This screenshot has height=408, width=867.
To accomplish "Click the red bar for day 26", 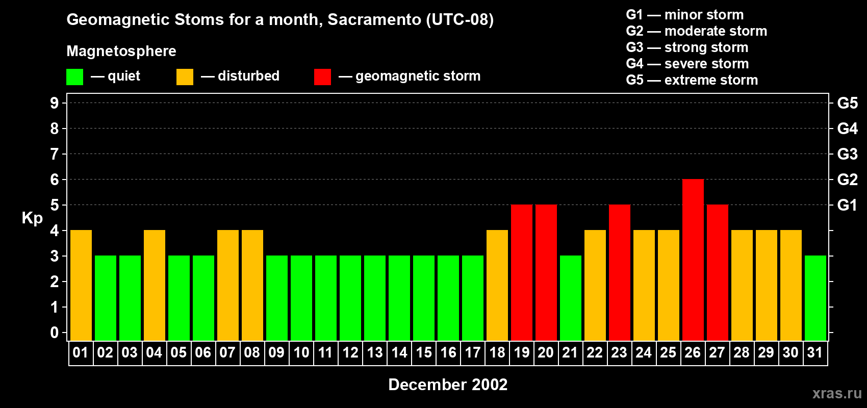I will pyautogui.click(x=693, y=260).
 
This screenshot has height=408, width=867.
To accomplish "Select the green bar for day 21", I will pyautogui.click(x=571, y=298).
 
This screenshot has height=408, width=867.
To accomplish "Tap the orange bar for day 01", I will pyautogui.click(x=81, y=286).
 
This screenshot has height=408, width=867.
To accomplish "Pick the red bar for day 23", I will pyautogui.click(x=620, y=273).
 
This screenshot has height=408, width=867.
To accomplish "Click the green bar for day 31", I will pyautogui.click(x=815, y=298).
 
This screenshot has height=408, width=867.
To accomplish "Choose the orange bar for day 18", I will pyautogui.click(x=497, y=286).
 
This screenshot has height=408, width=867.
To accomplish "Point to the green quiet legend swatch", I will pyautogui.click(x=75, y=77).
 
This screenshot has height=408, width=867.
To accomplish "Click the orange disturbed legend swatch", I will pyautogui.click(x=185, y=77).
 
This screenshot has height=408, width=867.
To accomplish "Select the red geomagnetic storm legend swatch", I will pyautogui.click(x=322, y=77).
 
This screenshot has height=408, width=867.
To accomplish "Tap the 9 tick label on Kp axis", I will pyautogui.click(x=55, y=103).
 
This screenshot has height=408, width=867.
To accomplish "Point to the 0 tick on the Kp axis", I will pyautogui.click(x=55, y=333).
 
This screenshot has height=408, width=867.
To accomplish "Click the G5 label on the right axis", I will pyautogui.click(x=847, y=103).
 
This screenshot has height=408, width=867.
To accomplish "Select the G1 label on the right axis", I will pyautogui.click(x=847, y=205).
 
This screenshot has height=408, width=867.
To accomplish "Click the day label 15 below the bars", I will pyautogui.click(x=424, y=353).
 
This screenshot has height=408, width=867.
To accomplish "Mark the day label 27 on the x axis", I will pyautogui.click(x=717, y=353).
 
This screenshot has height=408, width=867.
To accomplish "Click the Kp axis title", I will pyautogui.click(x=32, y=218).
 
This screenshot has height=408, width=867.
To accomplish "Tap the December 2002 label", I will pyautogui.click(x=448, y=385).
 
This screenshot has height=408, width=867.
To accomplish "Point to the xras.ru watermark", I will pyautogui.click(x=837, y=393).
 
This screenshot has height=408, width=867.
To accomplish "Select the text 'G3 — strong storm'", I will pyautogui.click(x=687, y=47).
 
